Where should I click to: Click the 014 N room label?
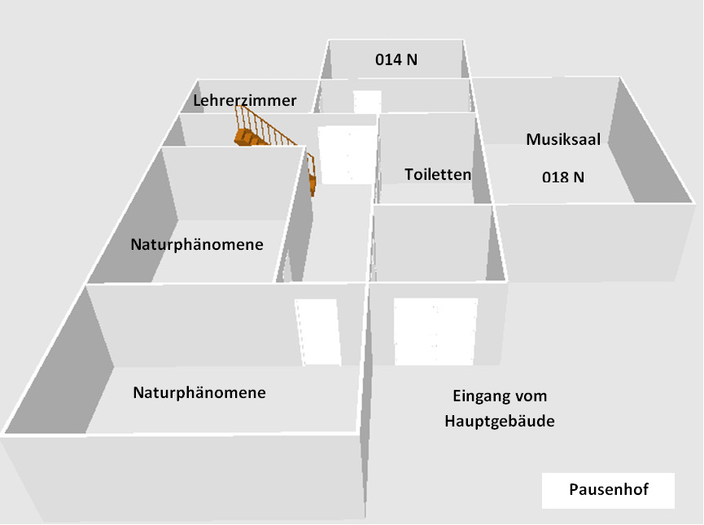[x=396, y=59]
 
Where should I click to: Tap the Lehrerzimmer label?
[x=244, y=100]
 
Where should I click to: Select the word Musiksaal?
[x=562, y=139]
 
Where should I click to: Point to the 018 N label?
[x=563, y=176]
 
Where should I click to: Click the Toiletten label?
[x=438, y=174]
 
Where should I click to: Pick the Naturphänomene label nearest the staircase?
[x=197, y=244]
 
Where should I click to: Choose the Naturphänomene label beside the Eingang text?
[x=199, y=392]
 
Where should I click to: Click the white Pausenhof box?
[x=609, y=492]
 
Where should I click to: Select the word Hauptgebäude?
[x=499, y=421]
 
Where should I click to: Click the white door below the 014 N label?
[x=367, y=102]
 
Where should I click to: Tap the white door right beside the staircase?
[x=345, y=155]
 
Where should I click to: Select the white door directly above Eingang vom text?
[x=435, y=332]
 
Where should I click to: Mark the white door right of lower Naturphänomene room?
[x=316, y=332]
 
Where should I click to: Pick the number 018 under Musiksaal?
[x=554, y=176]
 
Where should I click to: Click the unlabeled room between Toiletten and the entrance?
[x=431, y=244]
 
